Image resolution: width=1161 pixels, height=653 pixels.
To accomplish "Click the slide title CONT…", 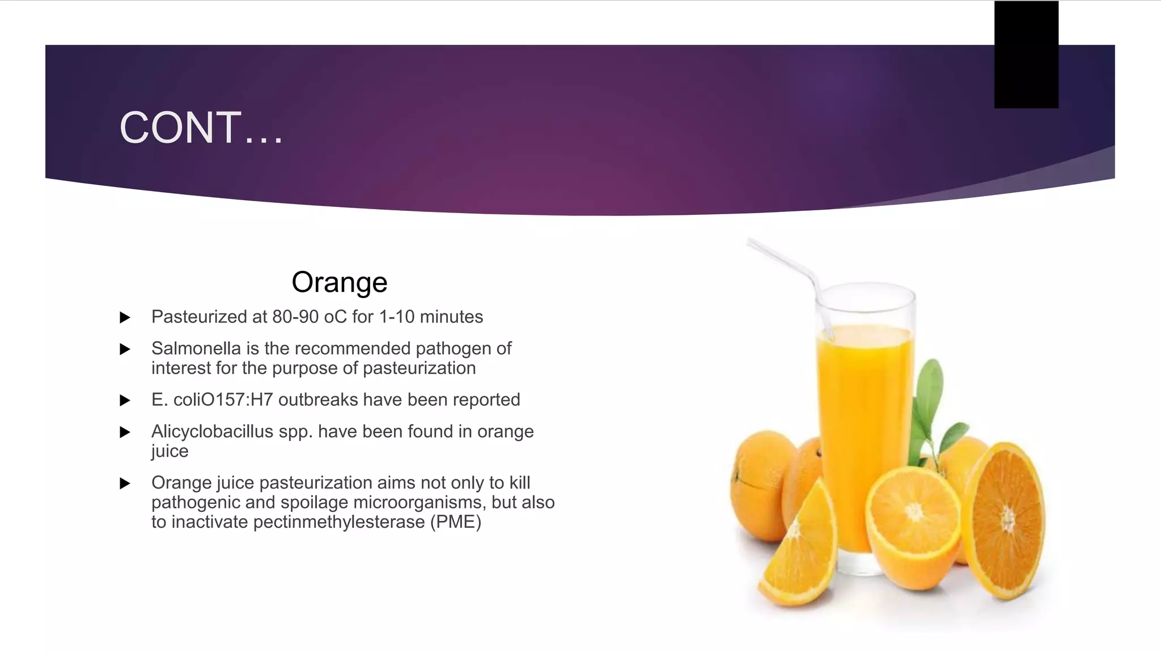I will [x=201, y=128].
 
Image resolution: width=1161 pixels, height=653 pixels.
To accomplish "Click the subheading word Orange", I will [x=339, y=282].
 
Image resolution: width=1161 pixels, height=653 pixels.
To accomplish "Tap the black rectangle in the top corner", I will [x=1026, y=54].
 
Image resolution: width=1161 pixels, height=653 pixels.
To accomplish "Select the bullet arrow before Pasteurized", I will [x=125, y=317].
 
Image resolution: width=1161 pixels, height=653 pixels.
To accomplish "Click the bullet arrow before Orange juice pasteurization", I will [x=125, y=484].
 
